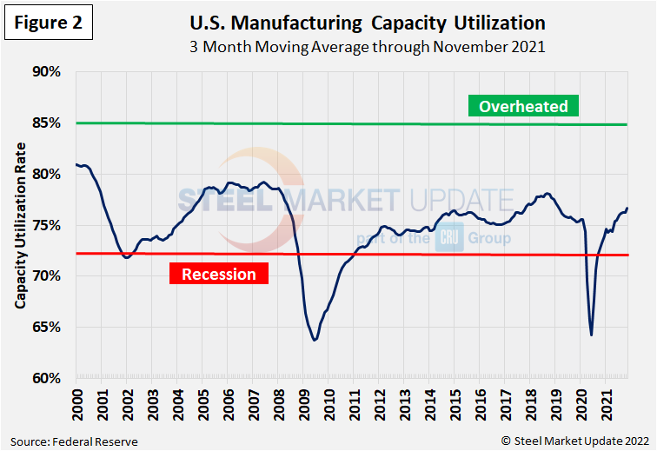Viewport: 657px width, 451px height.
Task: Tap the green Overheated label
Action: [523, 107]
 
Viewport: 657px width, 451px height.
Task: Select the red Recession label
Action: [219, 275]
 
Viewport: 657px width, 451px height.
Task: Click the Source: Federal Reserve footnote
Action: [75, 441]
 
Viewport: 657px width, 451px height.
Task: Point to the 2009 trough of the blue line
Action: [315, 339]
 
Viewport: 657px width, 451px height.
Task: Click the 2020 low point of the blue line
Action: [591, 335]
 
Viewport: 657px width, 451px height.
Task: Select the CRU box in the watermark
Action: [448, 237]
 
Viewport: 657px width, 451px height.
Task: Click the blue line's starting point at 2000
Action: [76, 164]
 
